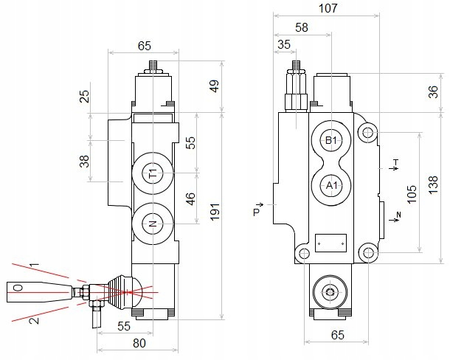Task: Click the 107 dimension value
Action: (328, 8)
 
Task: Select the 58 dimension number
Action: (301, 27)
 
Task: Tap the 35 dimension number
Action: (284, 44)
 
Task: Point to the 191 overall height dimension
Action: (215, 212)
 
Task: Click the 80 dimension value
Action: (139, 343)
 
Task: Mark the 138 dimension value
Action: (433, 184)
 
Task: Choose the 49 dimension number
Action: (215, 86)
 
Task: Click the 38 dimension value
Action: (84, 161)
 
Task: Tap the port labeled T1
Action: (153, 173)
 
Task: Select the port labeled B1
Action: (331, 140)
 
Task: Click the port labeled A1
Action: (332, 186)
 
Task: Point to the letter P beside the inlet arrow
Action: (256, 212)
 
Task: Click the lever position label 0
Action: (18, 288)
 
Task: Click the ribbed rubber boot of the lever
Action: (119, 293)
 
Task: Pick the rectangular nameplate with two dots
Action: (331, 243)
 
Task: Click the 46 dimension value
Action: (190, 199)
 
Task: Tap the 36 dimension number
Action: (434, 92)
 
